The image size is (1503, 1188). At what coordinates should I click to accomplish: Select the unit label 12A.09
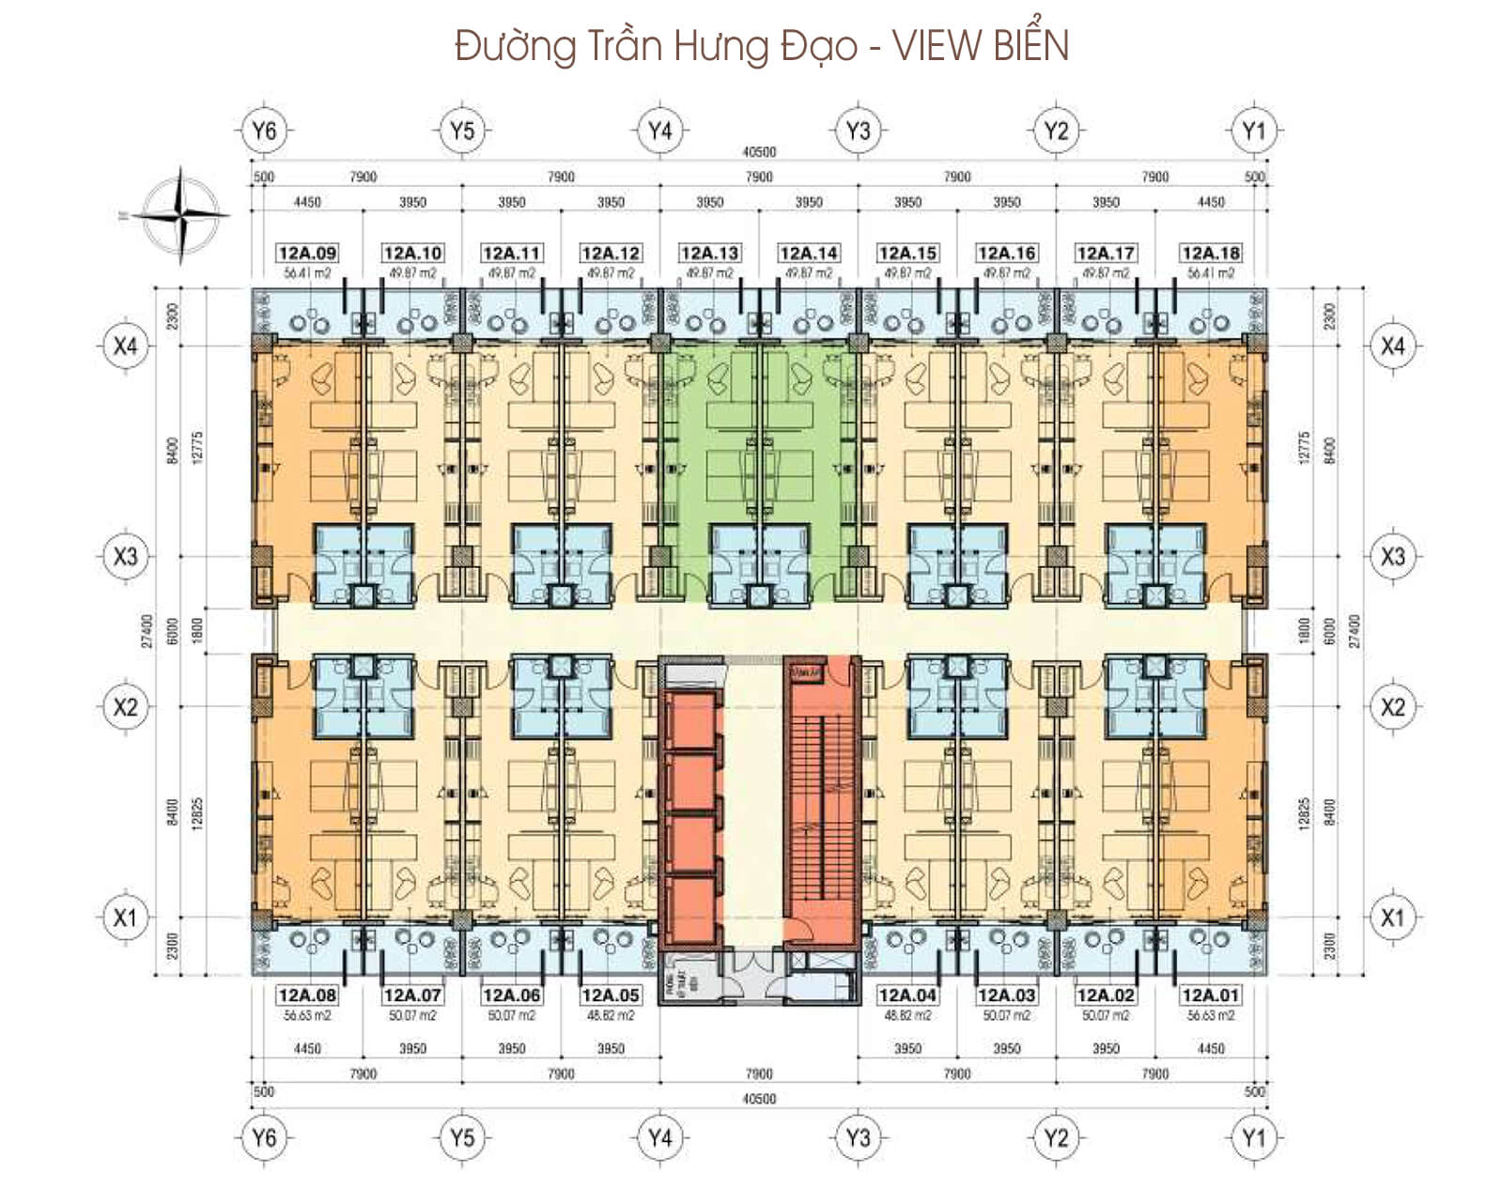point(307,254)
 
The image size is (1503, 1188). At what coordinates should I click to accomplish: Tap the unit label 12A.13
point(710,254)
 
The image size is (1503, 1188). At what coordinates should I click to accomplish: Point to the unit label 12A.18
point(1211,254)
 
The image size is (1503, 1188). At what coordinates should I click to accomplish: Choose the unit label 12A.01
point(1211,995)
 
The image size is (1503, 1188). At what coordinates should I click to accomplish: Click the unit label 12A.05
point(611,995)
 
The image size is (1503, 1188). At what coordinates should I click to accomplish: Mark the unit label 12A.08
point(307,995)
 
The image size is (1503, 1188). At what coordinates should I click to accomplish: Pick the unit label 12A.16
point(1007,254)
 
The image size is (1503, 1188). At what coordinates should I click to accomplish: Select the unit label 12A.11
point(511,254)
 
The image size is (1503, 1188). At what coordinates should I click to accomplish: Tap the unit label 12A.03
point(1007,995)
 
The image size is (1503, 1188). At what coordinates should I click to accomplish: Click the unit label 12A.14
point(809,254)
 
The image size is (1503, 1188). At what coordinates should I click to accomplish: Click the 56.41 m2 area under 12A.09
point(307,273)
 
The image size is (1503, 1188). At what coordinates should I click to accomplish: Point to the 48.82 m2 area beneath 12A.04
point(907,1015)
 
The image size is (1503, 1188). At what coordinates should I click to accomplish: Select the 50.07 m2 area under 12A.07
point(412,1015)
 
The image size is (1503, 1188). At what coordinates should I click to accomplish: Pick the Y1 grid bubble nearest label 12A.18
point(1254,131)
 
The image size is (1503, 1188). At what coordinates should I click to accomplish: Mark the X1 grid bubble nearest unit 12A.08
point(125,918)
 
